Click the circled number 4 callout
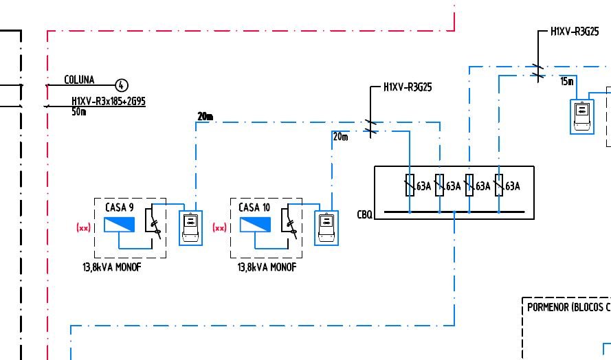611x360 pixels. point(122,85)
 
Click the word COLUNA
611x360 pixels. point(79,80)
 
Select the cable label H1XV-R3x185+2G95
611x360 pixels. point(109,102)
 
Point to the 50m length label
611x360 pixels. point(79,111)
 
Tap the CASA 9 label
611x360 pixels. point(119,207)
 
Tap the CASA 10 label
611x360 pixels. point(254,207)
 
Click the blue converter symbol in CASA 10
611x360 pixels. point(255,225)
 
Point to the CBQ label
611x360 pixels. point(364,214)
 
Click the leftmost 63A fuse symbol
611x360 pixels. point(410,185)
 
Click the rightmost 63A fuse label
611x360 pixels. point(513,186)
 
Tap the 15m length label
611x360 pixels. point(566,81)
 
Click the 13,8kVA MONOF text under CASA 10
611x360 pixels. point(267,267)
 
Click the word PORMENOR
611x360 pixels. point(548,307)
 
